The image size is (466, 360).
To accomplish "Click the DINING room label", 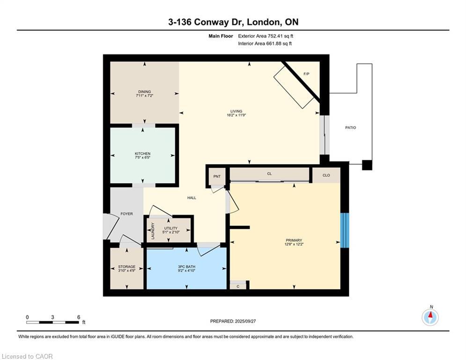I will coord(144,92).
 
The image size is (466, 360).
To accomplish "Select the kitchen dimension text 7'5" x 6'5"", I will coord(142,158).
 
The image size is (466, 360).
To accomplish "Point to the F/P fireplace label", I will coord(306,75).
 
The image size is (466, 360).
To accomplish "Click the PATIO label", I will coord(350,127).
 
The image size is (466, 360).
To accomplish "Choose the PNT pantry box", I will coord(217,176).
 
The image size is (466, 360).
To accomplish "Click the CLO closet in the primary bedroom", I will coord(326,175).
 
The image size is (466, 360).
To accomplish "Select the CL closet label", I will coord(269,174).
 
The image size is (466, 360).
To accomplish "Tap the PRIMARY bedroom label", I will coord(294,240).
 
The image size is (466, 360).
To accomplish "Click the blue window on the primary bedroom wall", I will coord(345,230).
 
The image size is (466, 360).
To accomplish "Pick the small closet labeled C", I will coord(238,285).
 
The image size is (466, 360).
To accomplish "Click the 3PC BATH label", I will coord(186,266).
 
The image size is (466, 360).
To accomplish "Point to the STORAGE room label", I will coord(126,266).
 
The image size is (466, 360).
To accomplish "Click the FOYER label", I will coord(126,214).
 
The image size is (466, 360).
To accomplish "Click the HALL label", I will coord(192,198).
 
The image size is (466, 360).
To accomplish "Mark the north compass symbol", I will coord(430,317).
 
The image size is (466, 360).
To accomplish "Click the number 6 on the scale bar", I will coord(79,317).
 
